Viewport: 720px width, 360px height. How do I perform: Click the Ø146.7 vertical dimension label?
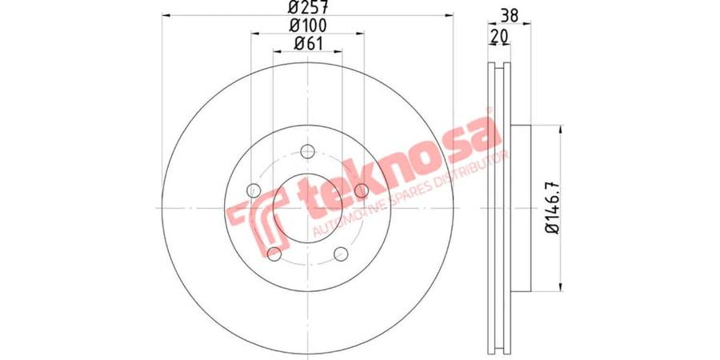point(551,206)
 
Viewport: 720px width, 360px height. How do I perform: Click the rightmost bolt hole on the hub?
point(362,190)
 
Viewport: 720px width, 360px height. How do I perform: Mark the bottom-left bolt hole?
point(274,254)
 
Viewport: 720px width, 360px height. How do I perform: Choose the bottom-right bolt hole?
point(341,254)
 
